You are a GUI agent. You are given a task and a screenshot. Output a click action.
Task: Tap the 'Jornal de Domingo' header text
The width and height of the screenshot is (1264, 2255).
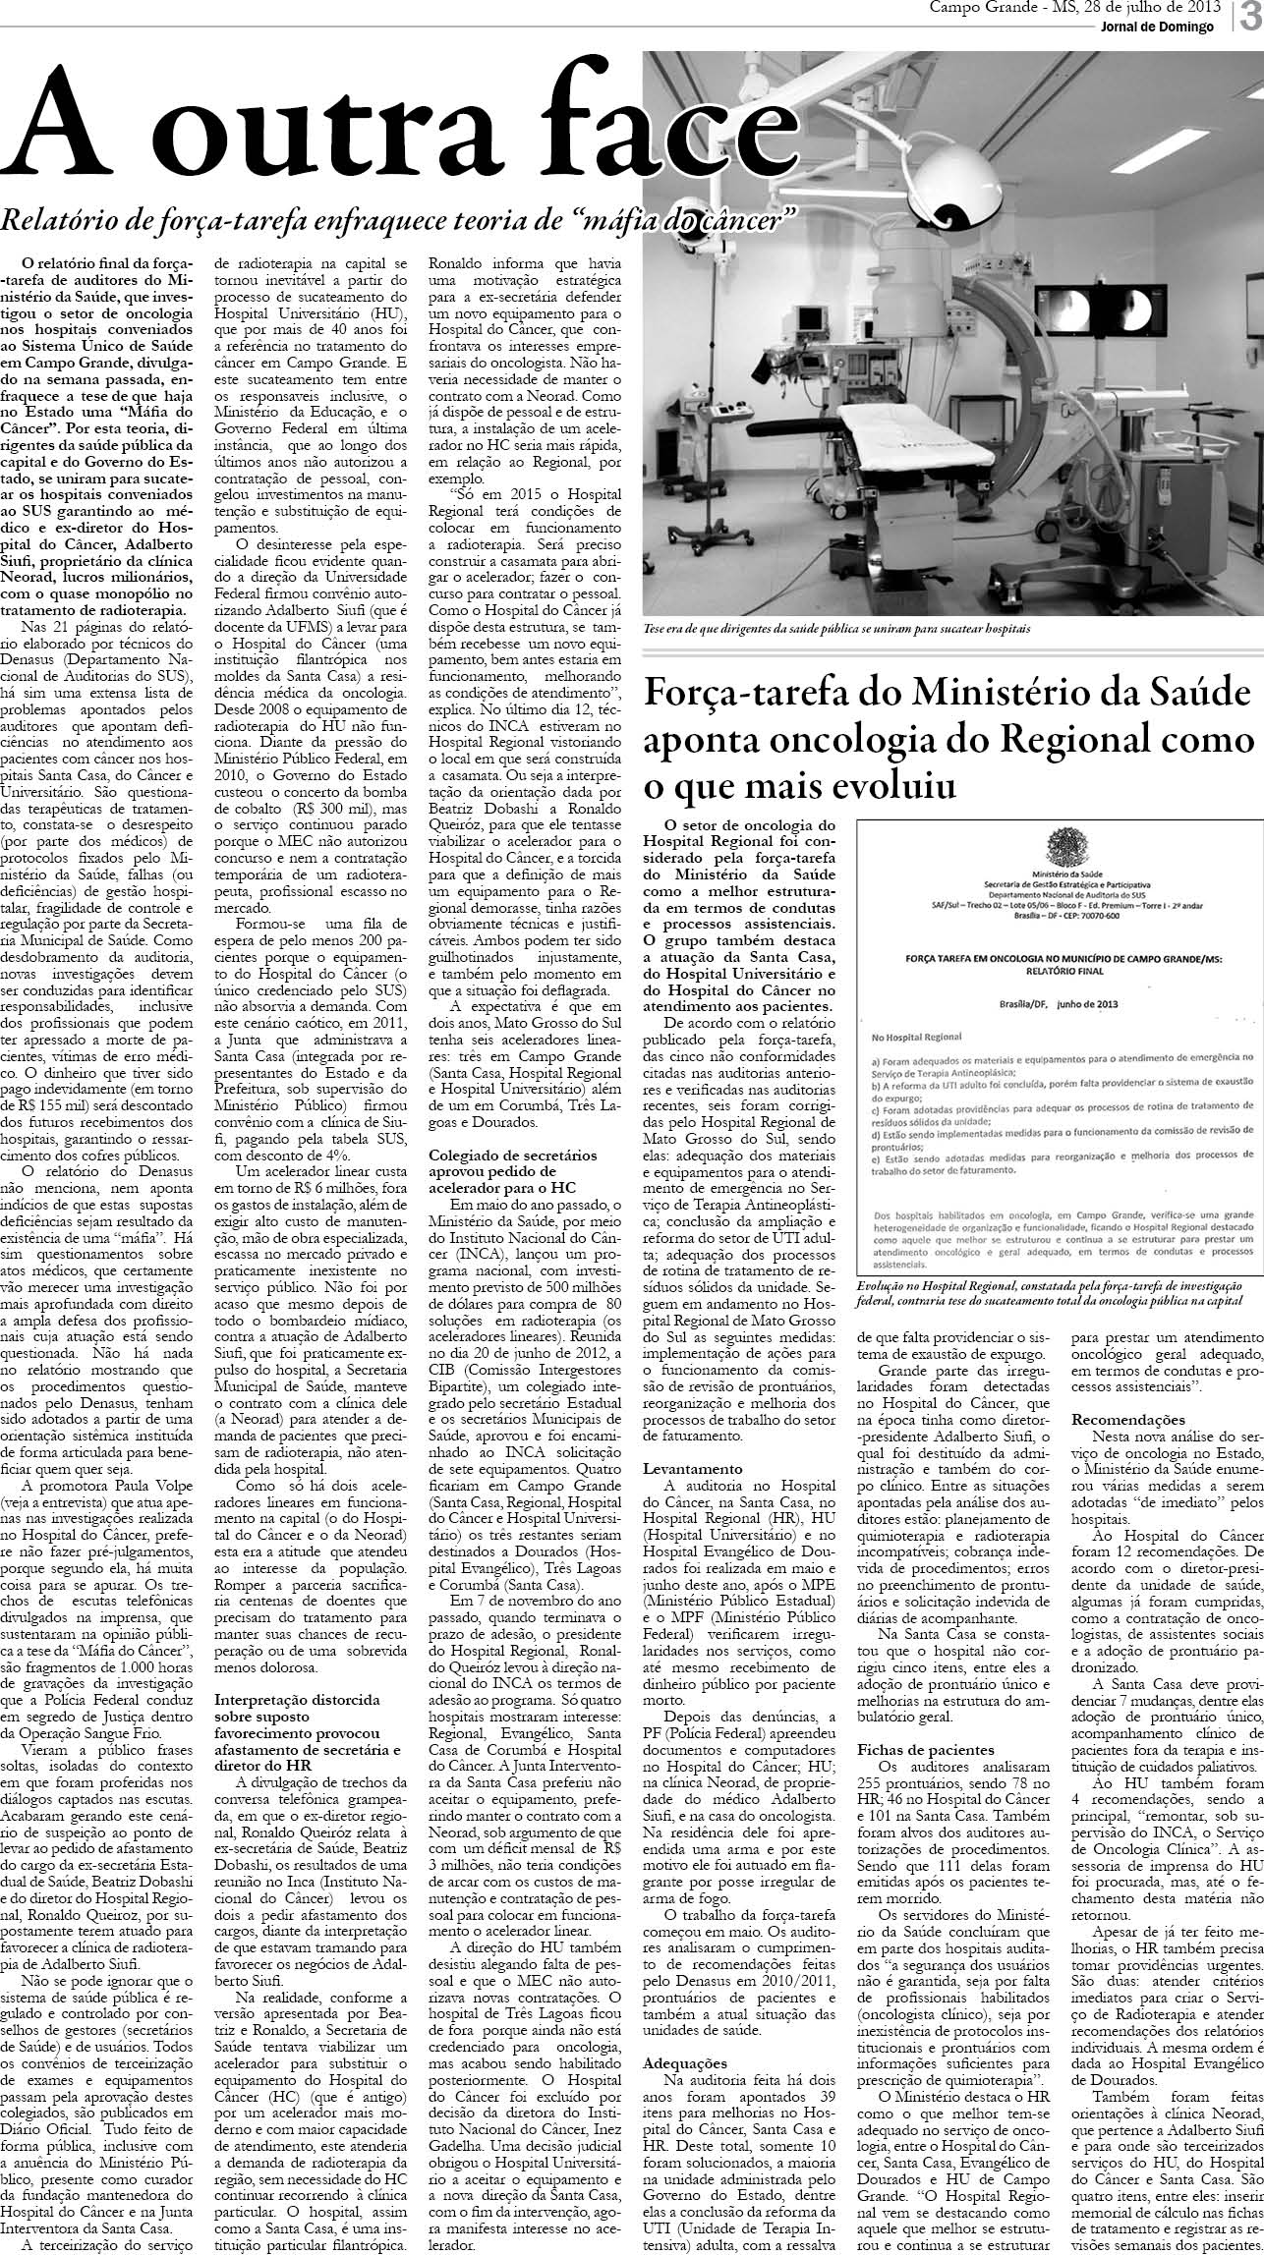tap(1156, 27)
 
